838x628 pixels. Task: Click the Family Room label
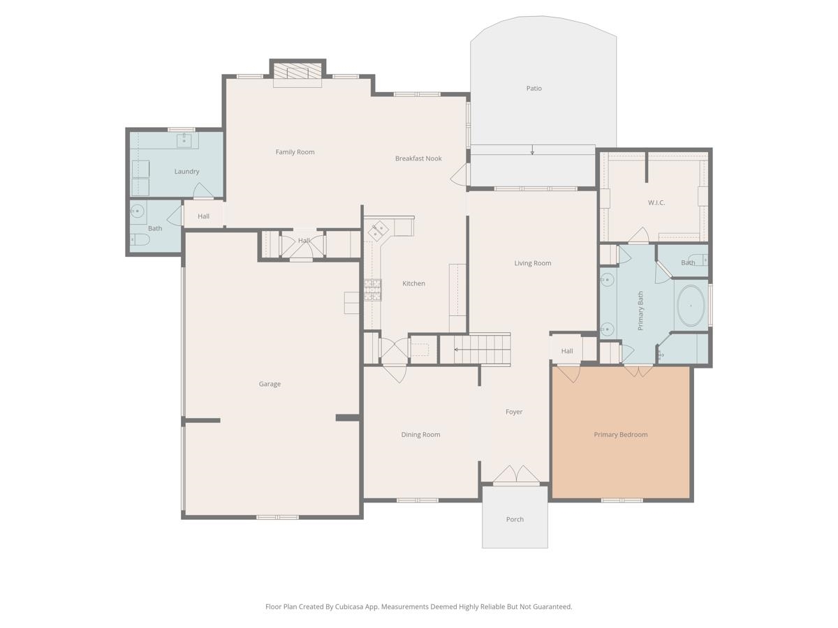click(x=295, y=151)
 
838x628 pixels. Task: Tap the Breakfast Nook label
click(x=418, y=158)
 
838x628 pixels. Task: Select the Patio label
click(x=534, y=88)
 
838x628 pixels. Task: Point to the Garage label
click(x=270, y=384)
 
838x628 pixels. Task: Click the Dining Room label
click(x=420, y=434)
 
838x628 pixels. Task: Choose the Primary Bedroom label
click(x=620, y=434)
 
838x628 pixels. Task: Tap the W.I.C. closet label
click(x=656, y=202)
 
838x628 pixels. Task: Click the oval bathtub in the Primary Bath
click(x=691, y=306)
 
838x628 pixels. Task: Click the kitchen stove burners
click(x=372, y=290)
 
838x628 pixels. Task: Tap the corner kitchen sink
click(x=378, y=231)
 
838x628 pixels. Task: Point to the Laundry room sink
click(x=184, y=140)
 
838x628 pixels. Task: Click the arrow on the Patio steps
click(x=532, y=149)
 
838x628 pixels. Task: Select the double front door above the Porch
click(x=516, y=474)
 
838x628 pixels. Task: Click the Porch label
click(x=515, y=519)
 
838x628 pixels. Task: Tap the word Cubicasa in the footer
click(x=349, y=606)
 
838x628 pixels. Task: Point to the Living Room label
click(x=533, y=263)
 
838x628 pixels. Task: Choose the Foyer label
click(x=514, y=412)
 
